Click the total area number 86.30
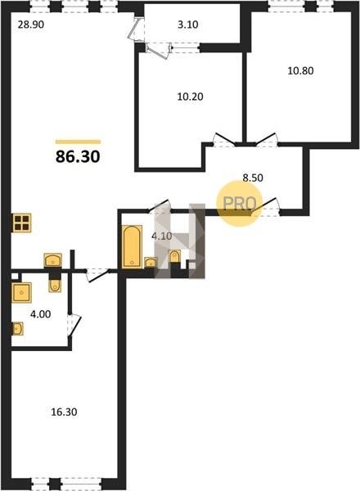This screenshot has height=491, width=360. pos(78,156)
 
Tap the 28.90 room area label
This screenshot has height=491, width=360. pos(30,25)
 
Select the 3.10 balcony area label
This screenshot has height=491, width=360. pos(188,25)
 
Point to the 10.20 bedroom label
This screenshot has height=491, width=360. pos(190,97)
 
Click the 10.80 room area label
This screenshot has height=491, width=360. pos(300,70)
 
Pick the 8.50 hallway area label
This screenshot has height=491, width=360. pos(253,178)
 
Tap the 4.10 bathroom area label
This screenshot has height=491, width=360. pos(161,236)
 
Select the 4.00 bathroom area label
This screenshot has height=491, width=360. pos(40,314)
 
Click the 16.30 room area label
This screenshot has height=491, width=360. pos(64,412)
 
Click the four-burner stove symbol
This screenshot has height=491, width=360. pos(22,223)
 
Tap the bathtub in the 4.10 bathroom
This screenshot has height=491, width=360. pos(132,246)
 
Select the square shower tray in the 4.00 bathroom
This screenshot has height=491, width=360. pos(21,292)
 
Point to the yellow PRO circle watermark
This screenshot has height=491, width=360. pos(240,204)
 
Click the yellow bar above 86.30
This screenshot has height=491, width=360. pos(78,142)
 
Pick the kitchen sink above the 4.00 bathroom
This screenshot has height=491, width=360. pos(53,260)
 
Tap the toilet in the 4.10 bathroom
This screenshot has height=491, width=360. pos(174,256)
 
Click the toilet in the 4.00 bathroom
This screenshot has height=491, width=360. pos(55,286)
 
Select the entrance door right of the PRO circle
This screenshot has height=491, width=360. pos(265,207)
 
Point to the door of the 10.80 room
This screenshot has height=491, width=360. pos(267,140)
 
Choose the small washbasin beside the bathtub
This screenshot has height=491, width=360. pos(151,263)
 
